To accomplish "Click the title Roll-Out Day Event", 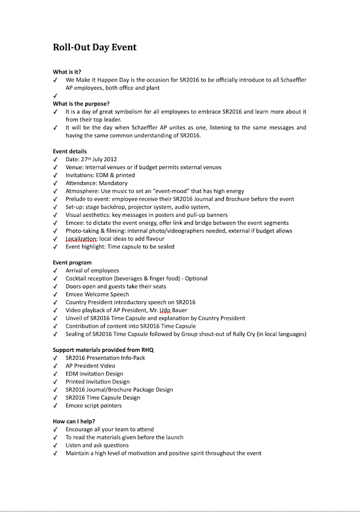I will (94, 47).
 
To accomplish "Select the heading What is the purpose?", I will (81, 104).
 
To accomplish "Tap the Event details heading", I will (70, 152).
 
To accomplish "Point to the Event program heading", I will (72, 262).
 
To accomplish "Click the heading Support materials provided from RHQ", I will (103, 350).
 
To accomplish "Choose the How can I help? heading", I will (74, 422).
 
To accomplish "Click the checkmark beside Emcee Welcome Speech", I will (55, 294).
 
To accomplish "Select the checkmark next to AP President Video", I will (55, 366).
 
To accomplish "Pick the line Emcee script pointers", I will (93, 405).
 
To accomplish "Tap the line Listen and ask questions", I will (97, 445).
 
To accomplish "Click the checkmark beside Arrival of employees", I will (55, 271).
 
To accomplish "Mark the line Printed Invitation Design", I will (97, 382).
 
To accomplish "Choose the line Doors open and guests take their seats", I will (120, 287).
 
